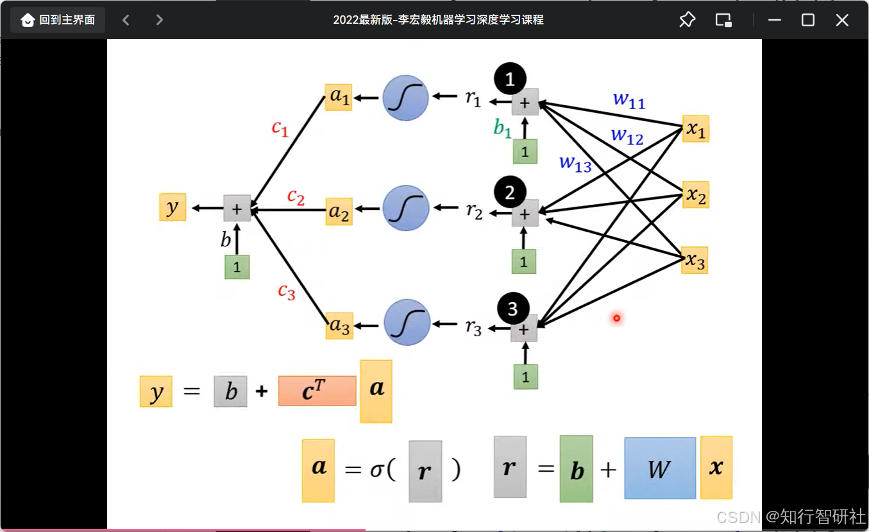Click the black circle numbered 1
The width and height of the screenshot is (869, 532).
coord(510,79)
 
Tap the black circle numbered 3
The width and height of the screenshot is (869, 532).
coord(512,309)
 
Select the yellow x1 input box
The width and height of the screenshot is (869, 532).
coord(696,129)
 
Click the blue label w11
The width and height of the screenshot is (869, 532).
coord(629,100)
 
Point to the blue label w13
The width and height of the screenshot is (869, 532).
coord(575,163)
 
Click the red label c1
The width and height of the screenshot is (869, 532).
coord(280,128)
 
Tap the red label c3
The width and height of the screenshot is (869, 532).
coord(287,291)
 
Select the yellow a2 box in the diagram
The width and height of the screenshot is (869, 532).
coord(339,211)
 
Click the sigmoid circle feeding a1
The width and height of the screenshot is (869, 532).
coord(405,98)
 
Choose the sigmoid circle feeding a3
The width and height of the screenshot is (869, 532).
coord(407,323)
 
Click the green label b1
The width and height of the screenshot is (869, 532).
coord(503,128)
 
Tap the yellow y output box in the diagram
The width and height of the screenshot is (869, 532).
coord(173,207)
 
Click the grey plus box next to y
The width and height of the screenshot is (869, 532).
coord(237,208)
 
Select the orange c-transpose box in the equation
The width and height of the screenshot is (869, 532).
coord(317,391)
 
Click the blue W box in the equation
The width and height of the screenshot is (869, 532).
coord(660,468)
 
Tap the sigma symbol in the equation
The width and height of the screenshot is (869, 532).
coord(376,470)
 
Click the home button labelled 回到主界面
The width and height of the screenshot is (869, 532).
coord(58,20)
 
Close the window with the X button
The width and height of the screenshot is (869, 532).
coord(842,20)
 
